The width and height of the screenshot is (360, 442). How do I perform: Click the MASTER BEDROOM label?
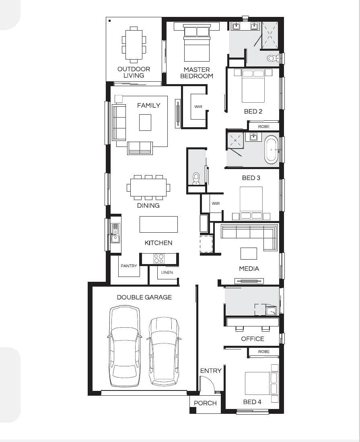(x=197, y=73)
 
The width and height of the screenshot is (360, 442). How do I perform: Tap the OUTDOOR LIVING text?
(x=134, y=72)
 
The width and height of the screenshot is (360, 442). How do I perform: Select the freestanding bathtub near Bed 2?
(x=272, y=150)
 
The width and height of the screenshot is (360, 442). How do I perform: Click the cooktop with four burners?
(x=158, y=258)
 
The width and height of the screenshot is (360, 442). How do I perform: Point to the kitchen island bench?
(x=158, y=224)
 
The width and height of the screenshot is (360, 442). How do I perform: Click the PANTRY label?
(x=129, y=266)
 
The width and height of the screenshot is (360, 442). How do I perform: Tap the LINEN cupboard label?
(x=167, y=272)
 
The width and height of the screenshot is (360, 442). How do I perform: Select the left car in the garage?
(x=125, y=346)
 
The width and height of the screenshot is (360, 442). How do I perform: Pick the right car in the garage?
(x=164, y=351)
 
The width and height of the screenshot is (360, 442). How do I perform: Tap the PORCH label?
(x=206, y=403)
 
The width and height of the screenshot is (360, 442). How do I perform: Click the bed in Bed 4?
(x=261, y=383)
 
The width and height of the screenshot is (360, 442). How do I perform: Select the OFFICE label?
(x=252, y=339)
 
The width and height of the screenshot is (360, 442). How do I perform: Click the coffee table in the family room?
(x=145, y=122)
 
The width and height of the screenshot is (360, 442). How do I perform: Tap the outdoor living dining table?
(x=134, y=45)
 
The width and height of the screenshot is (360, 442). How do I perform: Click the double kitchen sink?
(x=115, y=233)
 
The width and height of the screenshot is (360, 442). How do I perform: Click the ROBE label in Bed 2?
(x=264, y=126)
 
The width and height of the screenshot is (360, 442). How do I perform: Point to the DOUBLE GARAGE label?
(x=144, y=297)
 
